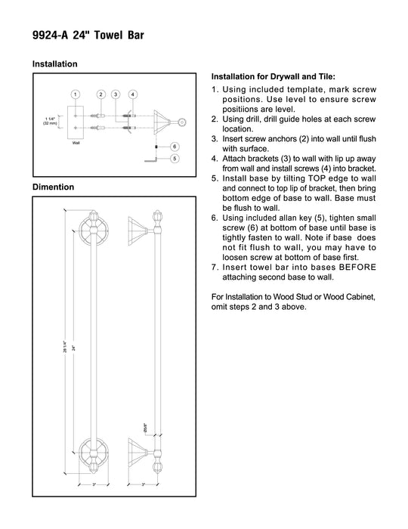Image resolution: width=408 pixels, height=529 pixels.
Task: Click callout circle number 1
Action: click(76, 94)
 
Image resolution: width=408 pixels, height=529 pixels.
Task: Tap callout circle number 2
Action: click(100, 94)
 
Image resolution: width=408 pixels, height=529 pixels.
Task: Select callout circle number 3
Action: click(116, 94)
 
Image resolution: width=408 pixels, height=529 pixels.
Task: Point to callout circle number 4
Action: click(133, 94)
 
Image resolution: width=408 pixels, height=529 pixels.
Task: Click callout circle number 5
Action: click(175, 158)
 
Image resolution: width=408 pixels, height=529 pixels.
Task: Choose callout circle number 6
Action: click(175, 147)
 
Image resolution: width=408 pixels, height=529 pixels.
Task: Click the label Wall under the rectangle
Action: click(76, 143)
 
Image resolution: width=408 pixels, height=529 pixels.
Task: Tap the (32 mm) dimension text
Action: click(50, 123)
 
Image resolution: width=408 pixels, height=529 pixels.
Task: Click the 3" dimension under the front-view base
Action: click(94, 484)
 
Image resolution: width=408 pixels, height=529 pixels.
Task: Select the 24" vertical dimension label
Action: click(73, 347)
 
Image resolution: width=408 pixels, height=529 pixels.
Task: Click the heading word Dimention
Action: click(54, 187)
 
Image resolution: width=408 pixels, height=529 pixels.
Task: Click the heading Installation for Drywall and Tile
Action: click(273, 76)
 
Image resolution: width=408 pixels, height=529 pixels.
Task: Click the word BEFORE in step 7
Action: click(357, 268)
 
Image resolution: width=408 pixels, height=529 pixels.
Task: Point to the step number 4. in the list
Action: click(215, 159)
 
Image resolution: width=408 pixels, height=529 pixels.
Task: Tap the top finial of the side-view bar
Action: click(157, 218)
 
